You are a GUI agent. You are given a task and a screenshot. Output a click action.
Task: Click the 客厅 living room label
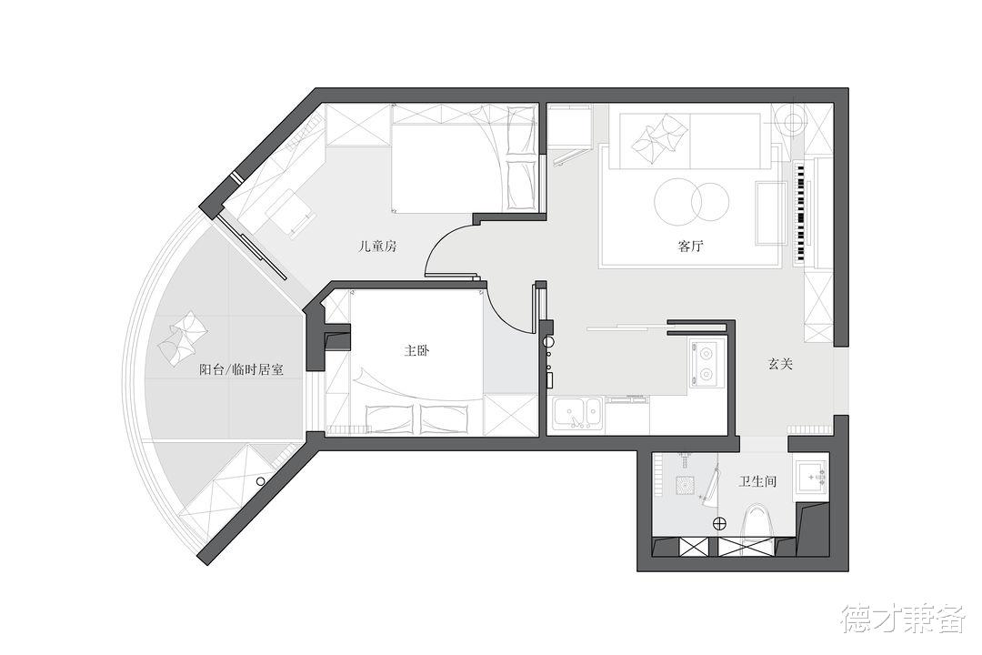click(691, 246)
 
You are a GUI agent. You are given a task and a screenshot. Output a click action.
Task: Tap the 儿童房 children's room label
click(376, 246)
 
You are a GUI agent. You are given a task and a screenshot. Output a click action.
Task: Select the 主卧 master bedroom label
click(416, 350)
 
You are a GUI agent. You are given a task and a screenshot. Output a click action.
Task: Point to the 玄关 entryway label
click(781, 364)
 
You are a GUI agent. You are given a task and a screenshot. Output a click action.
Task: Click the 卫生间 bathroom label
click(757, 481)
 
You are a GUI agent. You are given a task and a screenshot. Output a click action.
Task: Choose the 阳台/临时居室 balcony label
click(241, 370)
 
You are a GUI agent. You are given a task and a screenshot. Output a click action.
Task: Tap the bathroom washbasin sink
click(812, 476)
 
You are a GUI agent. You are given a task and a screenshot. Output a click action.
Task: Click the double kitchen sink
click(577, 414)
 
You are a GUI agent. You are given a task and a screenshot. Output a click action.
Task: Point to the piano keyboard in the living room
click(801, 213)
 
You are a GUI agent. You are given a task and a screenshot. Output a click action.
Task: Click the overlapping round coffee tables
click(692, 200)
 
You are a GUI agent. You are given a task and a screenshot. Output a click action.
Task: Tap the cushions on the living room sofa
click(657, 139)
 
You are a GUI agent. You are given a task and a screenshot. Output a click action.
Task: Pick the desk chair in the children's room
click(292, 215)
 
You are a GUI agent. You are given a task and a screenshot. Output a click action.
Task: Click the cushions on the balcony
click(184, 336)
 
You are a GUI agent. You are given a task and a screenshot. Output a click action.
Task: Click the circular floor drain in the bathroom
click(720, 522)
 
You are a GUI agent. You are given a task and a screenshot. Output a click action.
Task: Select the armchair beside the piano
click(771, 212)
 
